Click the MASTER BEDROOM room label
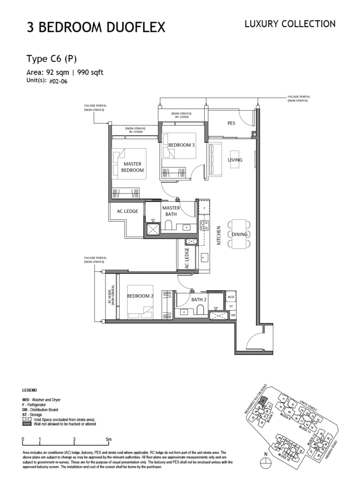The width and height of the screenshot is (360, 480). (x=133, y=167)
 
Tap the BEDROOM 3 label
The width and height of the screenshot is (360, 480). (x=181, y=145)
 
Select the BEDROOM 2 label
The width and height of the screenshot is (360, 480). (x=140, y=296)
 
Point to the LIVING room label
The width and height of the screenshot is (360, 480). (x=235, y=160)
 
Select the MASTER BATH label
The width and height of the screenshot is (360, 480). (x=171, y=211)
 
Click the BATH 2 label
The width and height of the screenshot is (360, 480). (x=199, y=299)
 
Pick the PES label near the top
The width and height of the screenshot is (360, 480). (x=231, y=124)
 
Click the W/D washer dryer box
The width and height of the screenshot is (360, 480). (x=231, y=297)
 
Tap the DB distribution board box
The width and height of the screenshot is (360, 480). (x=233, y=315)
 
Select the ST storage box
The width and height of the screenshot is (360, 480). (x=231, y=306)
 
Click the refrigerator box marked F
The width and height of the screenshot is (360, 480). (x=204, y=207)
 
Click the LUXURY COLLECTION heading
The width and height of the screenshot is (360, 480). (x=290, y=24)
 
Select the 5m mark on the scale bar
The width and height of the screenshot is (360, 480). (x=109, y=439)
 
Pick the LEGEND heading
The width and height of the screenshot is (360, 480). (x=30, y=390)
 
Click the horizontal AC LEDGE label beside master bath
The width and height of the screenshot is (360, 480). (x=127, y=211)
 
